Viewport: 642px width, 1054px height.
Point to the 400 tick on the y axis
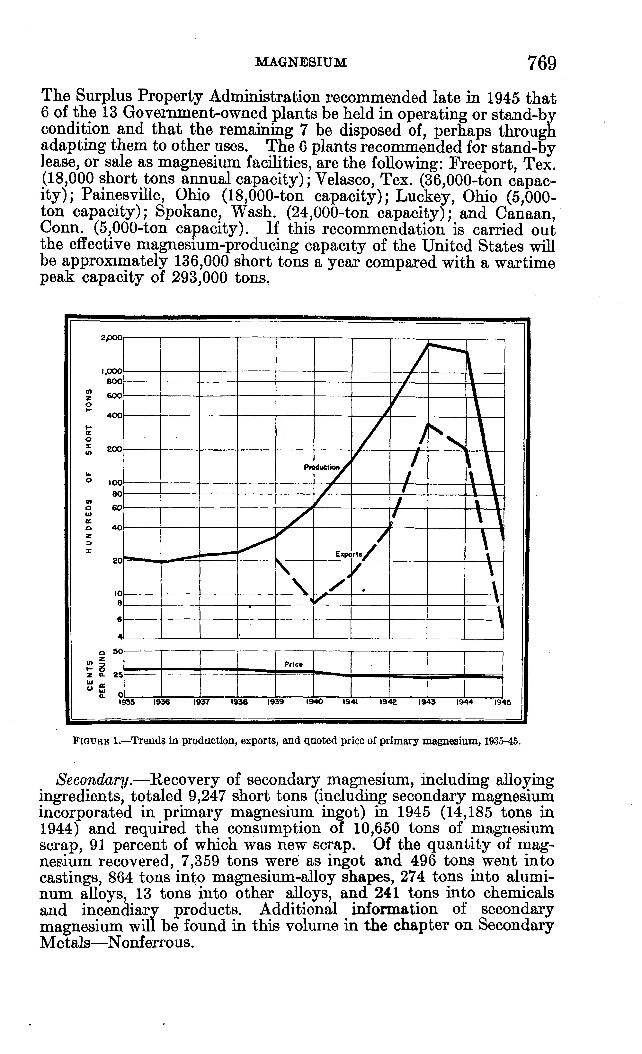coord(115,415)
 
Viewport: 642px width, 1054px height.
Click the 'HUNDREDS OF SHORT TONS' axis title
coord(89,472)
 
